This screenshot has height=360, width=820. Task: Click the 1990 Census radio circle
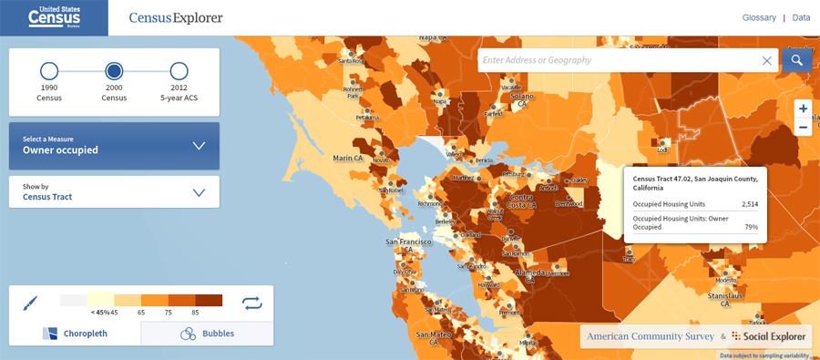[x=49, y=71]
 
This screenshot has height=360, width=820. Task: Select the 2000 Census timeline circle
[x=114, y=71]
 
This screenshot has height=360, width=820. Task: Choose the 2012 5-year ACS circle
[x=179, y=71]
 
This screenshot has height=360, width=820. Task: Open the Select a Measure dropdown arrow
[x=199, y=146]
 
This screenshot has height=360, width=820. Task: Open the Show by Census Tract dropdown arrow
[x=199, y=192]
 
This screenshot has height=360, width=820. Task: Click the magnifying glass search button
[x=796, y=60]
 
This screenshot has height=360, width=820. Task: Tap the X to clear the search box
[x=767, y=60]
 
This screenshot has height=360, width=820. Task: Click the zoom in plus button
[x=803, y=108]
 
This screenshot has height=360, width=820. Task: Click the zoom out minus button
[x=803, y=128]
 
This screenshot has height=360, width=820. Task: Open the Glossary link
[x=758, y=17]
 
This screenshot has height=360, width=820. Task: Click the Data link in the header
[x=801, y=17]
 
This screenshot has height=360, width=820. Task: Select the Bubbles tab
[x=208, y=334]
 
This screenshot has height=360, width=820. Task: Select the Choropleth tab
[x=75, y=334]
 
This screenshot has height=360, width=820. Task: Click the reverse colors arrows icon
[x=251, y=303]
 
